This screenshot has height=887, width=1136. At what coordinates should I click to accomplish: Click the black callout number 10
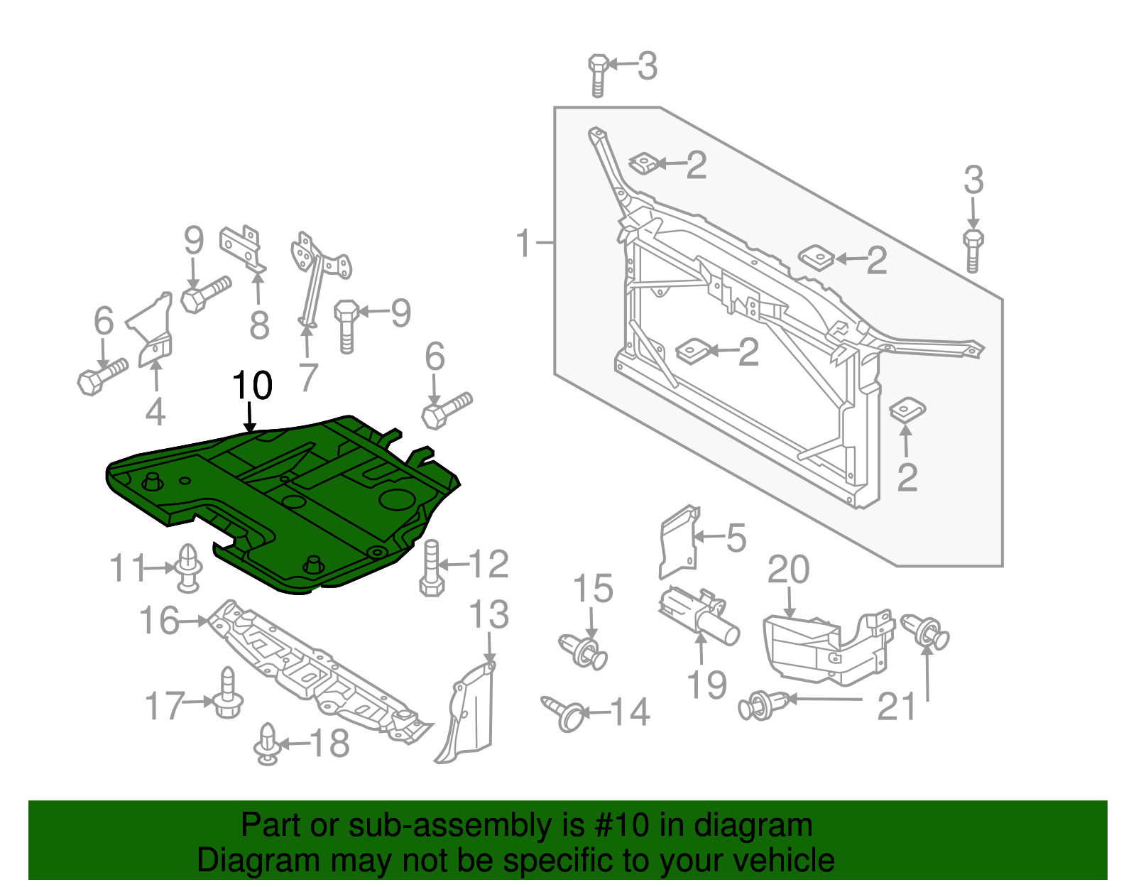point(252,386)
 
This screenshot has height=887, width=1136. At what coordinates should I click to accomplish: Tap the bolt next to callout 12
point(432,567)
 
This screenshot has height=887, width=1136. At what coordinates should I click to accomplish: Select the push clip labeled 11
point(188,568)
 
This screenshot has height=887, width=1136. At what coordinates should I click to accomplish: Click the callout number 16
point(159,621)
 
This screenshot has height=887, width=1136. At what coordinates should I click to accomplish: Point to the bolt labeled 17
point(227,694)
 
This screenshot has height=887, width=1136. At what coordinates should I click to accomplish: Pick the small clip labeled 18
point(267,744)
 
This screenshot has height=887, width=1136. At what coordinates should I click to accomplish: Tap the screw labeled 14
point(564,713)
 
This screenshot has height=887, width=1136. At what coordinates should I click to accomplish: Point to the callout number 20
point(788,570)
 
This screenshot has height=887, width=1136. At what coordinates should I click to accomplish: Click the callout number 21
point(897,707)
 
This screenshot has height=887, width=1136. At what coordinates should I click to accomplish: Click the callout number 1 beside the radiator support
point(523,244)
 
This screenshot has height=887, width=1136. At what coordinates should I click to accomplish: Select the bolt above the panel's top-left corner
point(597,75)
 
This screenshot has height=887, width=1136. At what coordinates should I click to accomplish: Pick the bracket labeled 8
point(242,248)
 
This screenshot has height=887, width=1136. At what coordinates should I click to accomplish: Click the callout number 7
point(307,379)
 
